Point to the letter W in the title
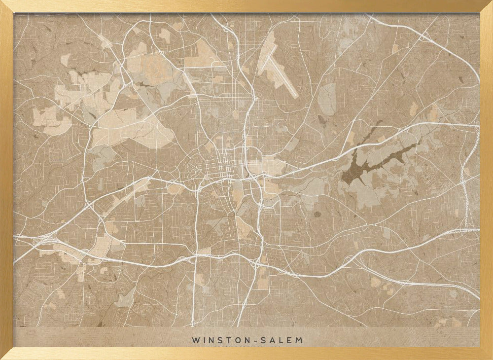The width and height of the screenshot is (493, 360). pyautogui.click(x=196, y=340)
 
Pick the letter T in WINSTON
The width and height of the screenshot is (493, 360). pyautogui.click(x=226, y=340)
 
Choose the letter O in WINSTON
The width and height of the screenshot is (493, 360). pyautogui.click(x=234, y=340)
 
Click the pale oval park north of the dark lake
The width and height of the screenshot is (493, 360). pyautogui.click(x=327, y=99)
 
